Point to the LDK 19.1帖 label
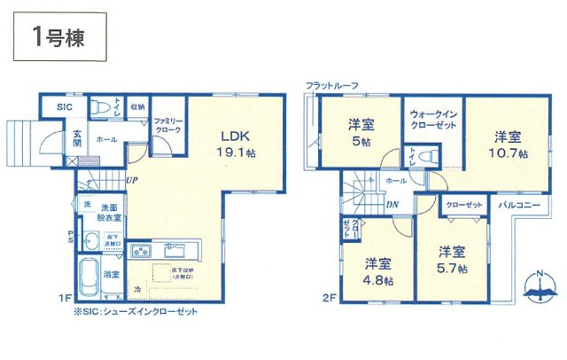(x=237, y=143)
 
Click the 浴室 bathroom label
(x=111, y=275)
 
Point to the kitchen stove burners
(x=142, y=251)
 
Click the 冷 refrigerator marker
(x=137, y=288)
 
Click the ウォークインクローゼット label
(x=433, y=120)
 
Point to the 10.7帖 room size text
(x=510, y=153)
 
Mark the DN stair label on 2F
(x=392, y=204)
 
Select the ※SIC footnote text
(x=136, y=311)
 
